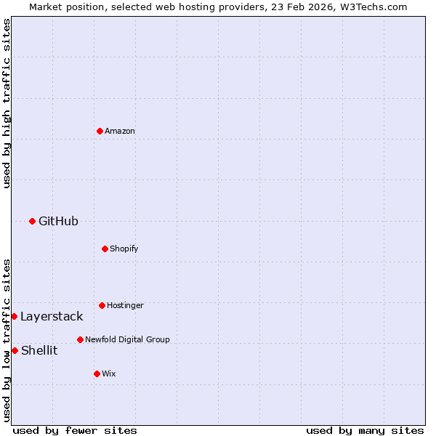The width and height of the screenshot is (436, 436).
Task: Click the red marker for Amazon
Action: click(100, 131)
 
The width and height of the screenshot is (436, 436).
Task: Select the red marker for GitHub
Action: click(32, 221)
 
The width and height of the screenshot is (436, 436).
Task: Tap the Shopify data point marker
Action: click(105, 249)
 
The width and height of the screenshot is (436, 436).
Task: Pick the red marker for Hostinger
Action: click(102, 305)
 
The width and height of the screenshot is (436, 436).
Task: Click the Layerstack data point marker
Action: click(14, 316)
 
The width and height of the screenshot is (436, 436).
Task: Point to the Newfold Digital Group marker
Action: click(80, 339)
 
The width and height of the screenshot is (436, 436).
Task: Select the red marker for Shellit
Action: click(15, 350)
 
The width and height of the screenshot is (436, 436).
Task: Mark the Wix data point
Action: click(97, 374)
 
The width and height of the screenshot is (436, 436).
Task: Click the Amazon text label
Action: click(120, 131)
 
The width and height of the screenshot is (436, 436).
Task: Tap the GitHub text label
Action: click(58, 221)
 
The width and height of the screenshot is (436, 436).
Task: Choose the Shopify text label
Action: click(124, 249)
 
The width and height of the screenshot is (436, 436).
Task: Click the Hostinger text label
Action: click(125, 305)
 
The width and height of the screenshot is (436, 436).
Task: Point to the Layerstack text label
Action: click(52, 316)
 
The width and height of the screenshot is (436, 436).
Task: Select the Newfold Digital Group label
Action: click(127, 339)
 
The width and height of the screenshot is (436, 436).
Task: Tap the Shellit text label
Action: click(39, 350)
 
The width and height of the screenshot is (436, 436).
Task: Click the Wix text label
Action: click(109, 374)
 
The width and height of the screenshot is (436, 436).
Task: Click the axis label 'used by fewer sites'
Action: click(75, 430)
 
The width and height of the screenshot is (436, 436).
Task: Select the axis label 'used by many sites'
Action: click(365, 430)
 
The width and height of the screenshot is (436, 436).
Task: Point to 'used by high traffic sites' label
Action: click(7, 103)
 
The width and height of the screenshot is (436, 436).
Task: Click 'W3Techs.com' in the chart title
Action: click(375, 7)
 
